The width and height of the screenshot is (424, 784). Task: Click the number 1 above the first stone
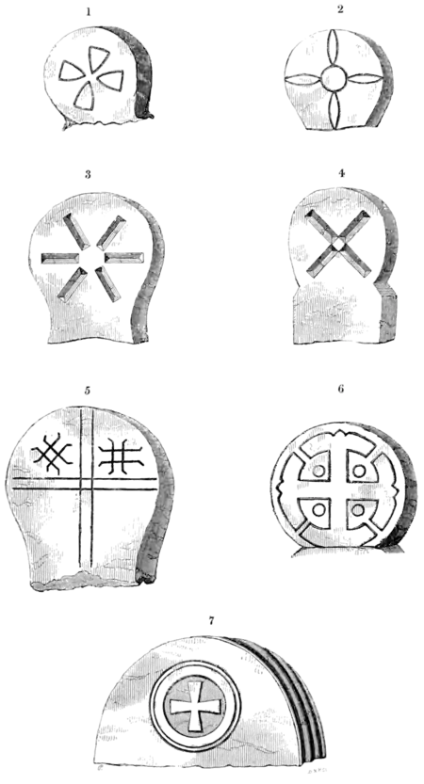point(89,12)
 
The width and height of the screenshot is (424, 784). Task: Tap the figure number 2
point(340,9)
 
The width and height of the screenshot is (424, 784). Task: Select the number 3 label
point(88,175)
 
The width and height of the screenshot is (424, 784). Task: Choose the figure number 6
point(341,389)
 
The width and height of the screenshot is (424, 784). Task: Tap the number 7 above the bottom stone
point(211,620)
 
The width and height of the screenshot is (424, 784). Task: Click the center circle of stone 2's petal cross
point(333,78)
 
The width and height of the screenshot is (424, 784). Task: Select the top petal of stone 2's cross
point(332,49)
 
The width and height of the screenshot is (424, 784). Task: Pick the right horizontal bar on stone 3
point(124,258)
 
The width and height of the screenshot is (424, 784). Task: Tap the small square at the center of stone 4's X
point(339,244)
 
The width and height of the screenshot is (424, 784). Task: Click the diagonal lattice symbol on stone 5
point(52,452)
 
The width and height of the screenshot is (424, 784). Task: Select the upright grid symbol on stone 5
point(122,456)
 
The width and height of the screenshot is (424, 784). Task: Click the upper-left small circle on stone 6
point(318,471)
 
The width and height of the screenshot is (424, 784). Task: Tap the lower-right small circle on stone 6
point(357,509)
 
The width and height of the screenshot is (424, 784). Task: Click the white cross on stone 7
point(196,707)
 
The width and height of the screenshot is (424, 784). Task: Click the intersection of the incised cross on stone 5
point(86,483)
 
